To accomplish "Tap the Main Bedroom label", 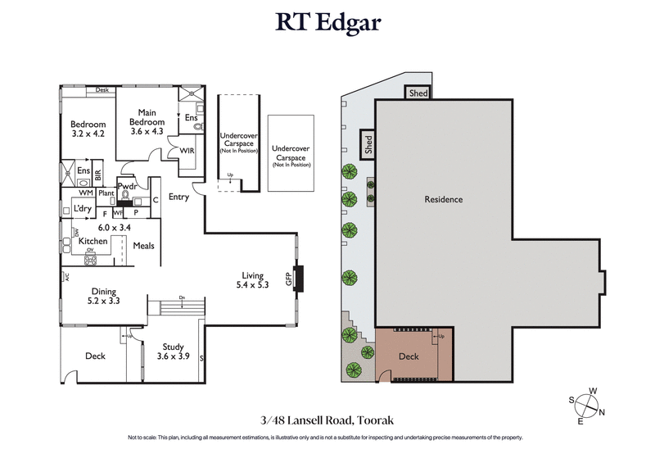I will tap(147, 118).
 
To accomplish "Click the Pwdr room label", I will tap(127, 186).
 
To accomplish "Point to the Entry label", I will tap(178, 197).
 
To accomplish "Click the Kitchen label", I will tap(93, 242).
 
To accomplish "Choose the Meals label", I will tap(144, 246).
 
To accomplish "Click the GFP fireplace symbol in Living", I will tap(300, 279).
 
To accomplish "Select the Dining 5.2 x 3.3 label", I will tap(104, 296).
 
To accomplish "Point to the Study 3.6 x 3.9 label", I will tap(173, 352).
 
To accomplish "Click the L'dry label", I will tap(82, 209).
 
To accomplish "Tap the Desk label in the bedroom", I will tap(102, 90).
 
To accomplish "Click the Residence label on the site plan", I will tap(444, 199).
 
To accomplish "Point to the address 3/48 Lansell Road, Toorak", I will tap(327, 420).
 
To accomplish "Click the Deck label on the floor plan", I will tap(96, 356).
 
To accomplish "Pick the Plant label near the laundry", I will tap(106, 193).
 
